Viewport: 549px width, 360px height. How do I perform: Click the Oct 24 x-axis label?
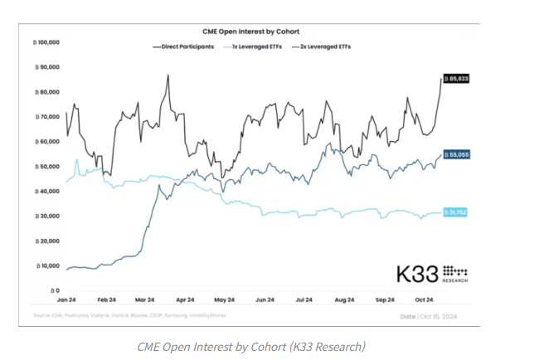pos(423,299)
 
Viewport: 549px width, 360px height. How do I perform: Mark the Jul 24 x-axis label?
pos(304,299)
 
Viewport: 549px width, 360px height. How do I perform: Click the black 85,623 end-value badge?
pos(457,78)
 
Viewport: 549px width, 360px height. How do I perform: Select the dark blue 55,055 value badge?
pos(457,154)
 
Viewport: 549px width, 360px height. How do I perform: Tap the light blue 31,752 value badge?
pos(457,213)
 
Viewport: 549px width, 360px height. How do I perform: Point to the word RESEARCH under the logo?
pos(454,282)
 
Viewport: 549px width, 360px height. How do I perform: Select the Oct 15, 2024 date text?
pos(438,317)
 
